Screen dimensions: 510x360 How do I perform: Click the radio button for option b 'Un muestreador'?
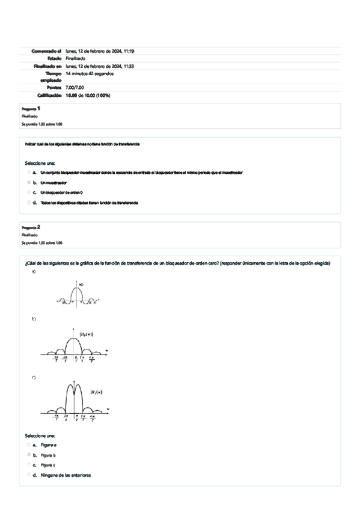pos(29,182)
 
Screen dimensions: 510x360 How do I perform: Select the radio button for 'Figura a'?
pos(29,445)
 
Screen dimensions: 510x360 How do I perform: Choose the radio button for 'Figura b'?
pos(29,455)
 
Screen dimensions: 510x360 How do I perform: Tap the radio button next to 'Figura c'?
pos(29,465)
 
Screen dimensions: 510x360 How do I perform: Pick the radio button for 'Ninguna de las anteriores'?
pos(29,475)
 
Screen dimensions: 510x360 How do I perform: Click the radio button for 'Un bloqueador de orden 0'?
pos(29,192)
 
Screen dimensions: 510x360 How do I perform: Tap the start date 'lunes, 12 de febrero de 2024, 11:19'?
pos(99,51)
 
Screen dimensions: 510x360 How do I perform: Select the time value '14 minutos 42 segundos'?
pos(90,73)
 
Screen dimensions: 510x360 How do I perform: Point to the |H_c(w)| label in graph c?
pos(96,392)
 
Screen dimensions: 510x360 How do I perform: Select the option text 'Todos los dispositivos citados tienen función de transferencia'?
pos(89,203)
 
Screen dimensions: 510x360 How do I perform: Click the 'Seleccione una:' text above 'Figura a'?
pos(40,435)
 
